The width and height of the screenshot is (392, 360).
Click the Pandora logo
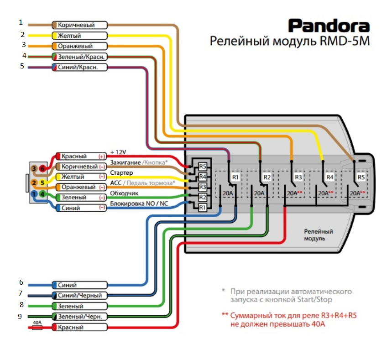pos(328,26)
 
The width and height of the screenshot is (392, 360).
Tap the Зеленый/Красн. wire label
pos(79,57)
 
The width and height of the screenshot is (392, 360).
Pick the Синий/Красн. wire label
pos(79,67)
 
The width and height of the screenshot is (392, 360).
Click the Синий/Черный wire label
pos(79,295)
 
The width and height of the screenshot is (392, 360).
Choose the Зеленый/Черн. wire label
pos(79,316)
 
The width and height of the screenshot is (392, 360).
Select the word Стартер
pos(121,173)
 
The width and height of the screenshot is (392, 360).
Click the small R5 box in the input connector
pos(203,166)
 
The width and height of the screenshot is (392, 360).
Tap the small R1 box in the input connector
pos(203,208)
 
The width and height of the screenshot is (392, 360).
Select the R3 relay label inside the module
pos(298,177)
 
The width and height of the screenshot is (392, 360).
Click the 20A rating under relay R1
pos(228,193)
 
